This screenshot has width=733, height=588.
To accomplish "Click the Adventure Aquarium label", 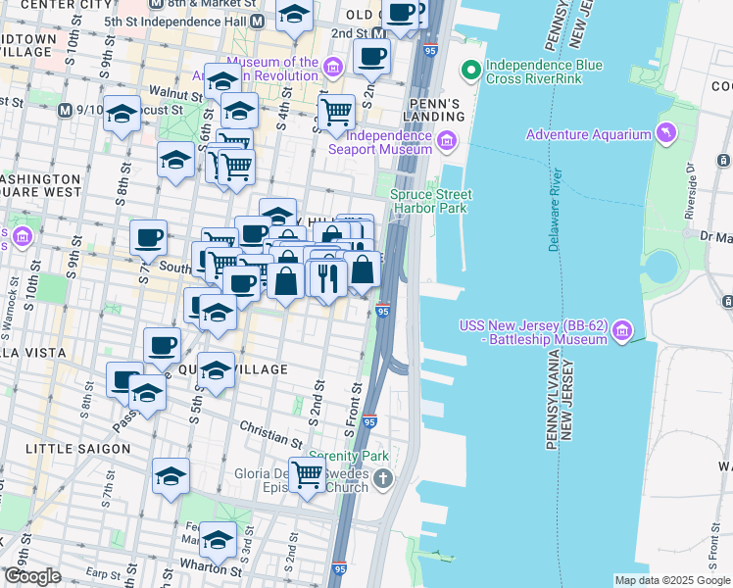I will click(588, 134).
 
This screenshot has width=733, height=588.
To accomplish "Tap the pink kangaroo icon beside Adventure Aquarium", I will click(667, 133).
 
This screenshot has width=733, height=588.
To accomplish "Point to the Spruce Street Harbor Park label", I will click(431, 201).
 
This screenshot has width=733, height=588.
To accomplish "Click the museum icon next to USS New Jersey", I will click(621, 333).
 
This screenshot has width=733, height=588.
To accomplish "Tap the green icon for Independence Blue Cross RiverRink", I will click(471, 70).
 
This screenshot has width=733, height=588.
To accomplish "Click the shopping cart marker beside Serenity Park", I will click(308, 474).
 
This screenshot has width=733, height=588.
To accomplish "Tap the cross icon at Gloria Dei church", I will click(382, 479).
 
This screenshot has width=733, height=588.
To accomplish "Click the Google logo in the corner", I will click(32, 576).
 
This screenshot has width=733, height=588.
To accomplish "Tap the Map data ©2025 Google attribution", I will click(671, 580).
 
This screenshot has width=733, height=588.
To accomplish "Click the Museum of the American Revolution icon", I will click(333, 67).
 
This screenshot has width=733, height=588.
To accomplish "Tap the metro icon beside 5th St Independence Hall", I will click(257, 22).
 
